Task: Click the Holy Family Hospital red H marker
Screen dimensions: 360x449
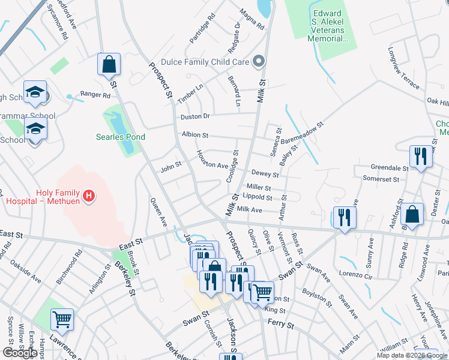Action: [x=89, y=196]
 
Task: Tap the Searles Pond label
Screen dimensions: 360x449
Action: [x=121, y=137]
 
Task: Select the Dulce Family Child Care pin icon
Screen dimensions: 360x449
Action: [x=259, y=60]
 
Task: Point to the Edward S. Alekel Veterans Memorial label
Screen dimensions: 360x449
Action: [x=328, y=25]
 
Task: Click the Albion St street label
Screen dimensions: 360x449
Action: [x=194, y=136]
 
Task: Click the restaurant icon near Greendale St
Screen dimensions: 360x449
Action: [x=420, y=156]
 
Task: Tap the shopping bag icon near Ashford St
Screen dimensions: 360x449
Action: [x=412, y=214]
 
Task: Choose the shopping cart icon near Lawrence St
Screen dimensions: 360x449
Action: [x=62, y=320]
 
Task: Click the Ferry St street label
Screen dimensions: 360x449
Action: [x=281, y=325]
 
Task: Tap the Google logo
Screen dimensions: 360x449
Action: [x=20, y=353]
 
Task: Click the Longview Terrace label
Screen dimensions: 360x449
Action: [x=405, y=68]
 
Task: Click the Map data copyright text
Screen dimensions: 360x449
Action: [x=411, y=355]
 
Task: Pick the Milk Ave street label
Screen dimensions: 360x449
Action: [x=250, y=210]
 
